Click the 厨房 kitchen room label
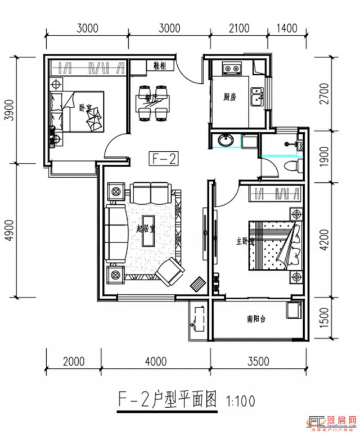229,97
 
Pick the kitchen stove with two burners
231,69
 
